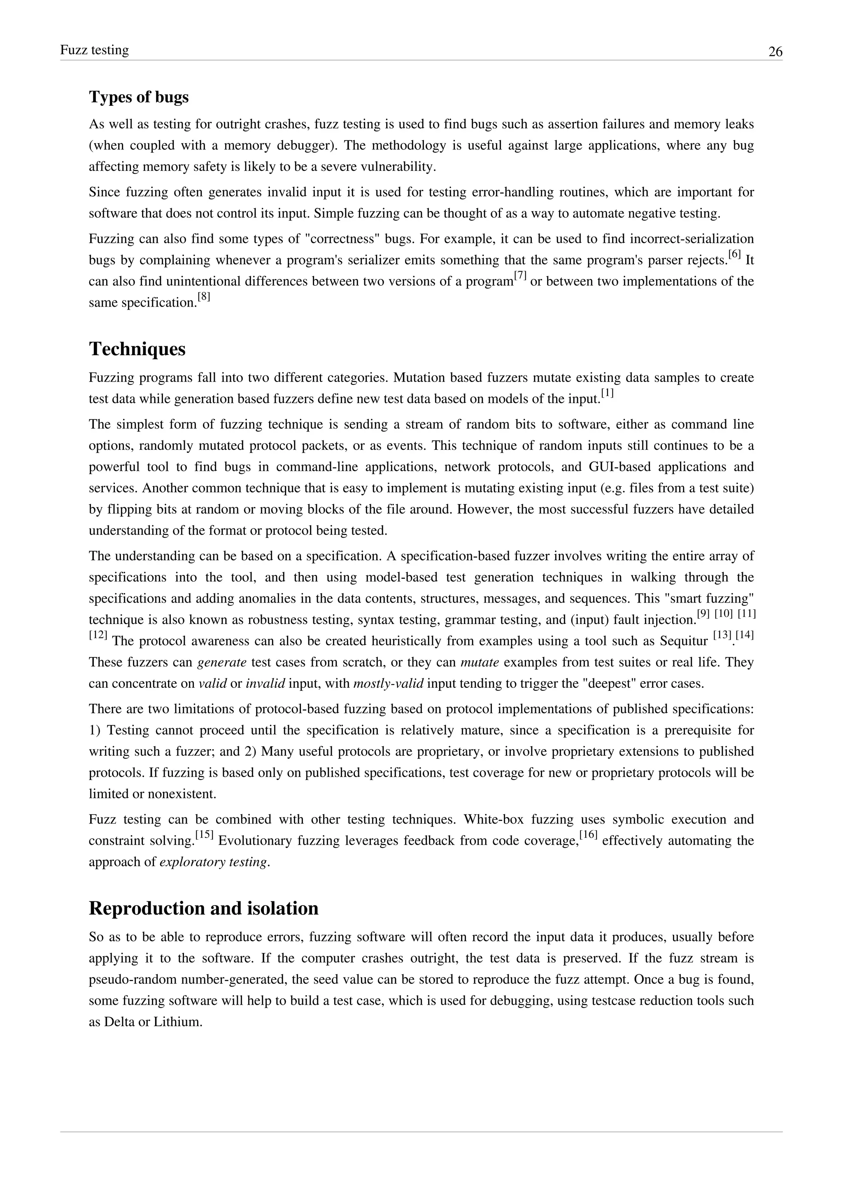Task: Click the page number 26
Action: [x=775, y=52]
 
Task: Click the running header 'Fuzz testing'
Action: [x=95, y=50]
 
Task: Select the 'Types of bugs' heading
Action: [x=139, y=97]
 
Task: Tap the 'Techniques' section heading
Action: [x=137, y=349]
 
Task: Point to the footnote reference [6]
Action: [x=734, y=254]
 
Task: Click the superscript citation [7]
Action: [x=520, y=276]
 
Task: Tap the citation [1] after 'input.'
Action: [x=607, y=393]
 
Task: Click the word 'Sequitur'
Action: [x=684, y=641]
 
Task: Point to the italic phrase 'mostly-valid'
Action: [x=388, y=684]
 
